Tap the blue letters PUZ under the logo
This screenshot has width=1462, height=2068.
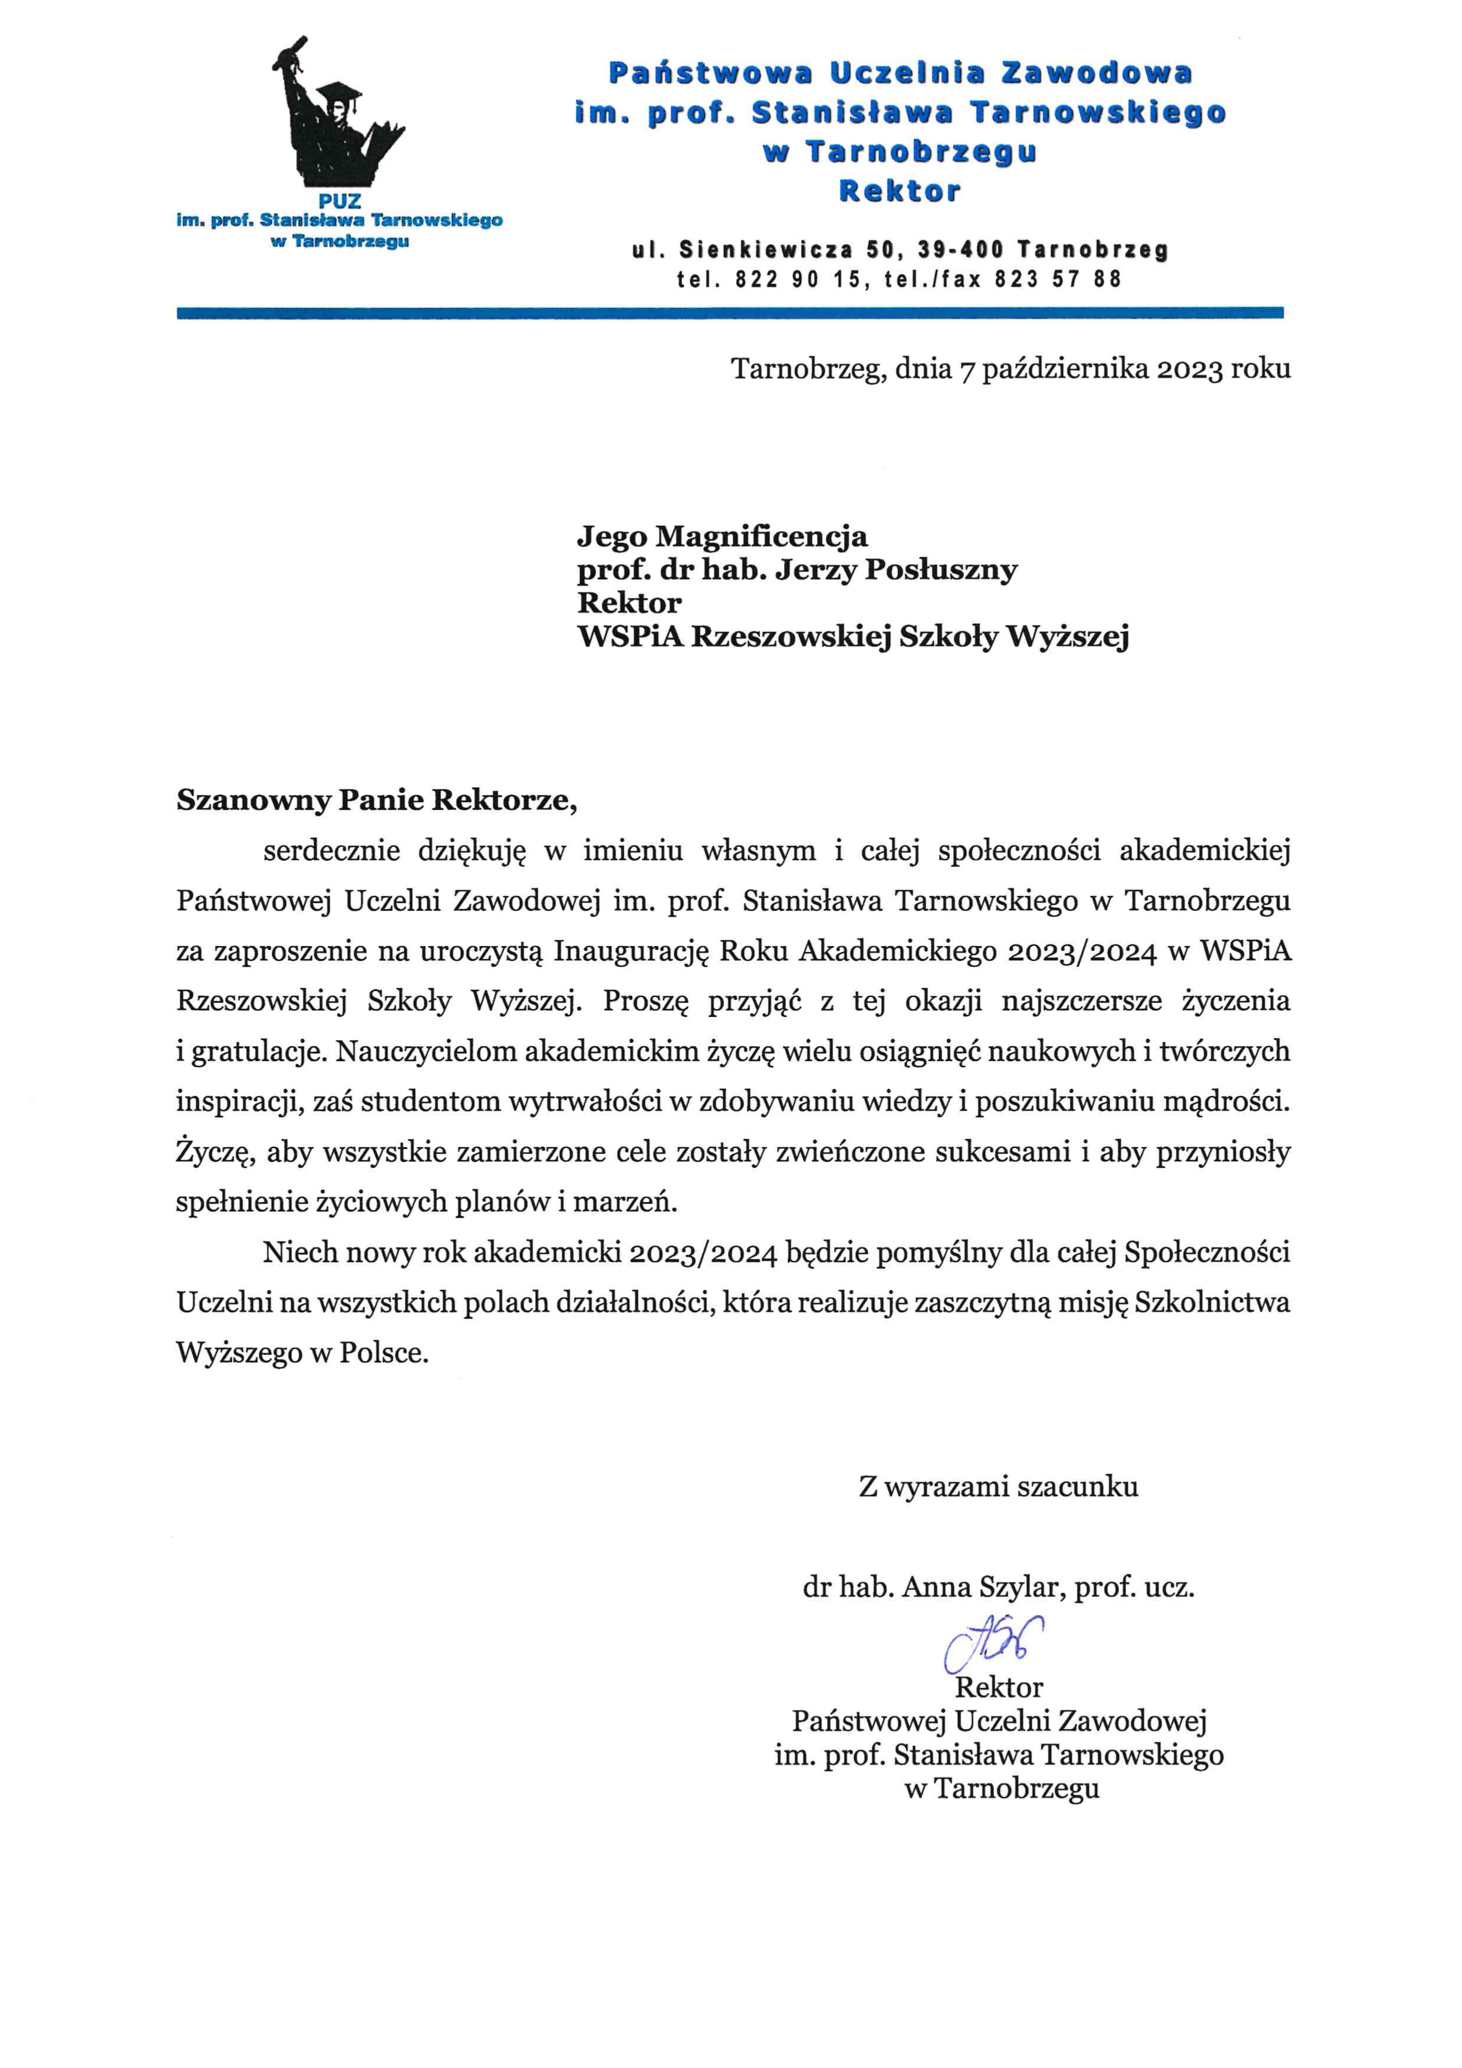(x=339, y=202)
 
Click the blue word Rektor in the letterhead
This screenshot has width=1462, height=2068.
(x=900, y=191)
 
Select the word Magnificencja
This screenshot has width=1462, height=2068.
(x=761, y=537)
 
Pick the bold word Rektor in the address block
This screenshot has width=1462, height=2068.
(x=629, y=602)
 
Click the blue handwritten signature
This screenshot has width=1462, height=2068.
(x=993, y=1644)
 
